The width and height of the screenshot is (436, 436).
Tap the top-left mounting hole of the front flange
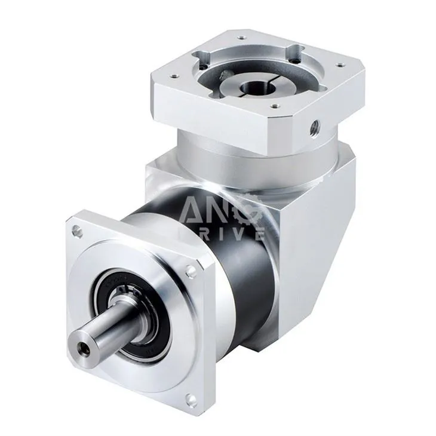(x=76, y=229)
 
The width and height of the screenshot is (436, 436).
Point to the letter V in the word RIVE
(x=239, y=234)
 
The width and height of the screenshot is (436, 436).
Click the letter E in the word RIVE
(x=258, y=234)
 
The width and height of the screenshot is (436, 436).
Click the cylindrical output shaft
(x=99, y=334)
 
